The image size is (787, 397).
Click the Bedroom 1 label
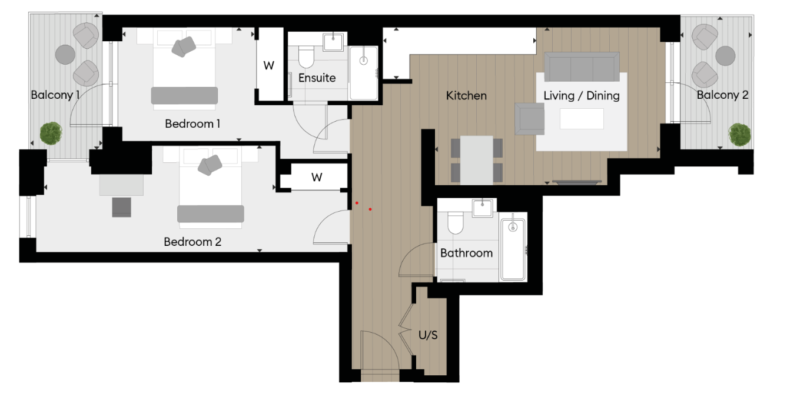coord(192,124)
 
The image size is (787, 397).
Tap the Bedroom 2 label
coord(192,242)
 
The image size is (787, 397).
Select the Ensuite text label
coord(317,78)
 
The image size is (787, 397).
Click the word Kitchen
coord(466,95)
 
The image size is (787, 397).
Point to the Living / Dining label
coord(581,95)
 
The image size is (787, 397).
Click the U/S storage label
coord(428,335)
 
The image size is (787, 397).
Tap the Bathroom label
coord(466,253)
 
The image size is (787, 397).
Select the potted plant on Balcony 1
coord(51,133)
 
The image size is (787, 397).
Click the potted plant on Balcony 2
coord(739,134)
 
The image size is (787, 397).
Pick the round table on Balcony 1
coord(65,55)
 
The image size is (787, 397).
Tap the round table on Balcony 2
coord(726,56)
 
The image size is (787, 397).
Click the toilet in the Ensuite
coord(307,57)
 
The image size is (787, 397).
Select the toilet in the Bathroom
coord(456,223)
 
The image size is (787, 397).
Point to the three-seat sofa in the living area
coord(581,66)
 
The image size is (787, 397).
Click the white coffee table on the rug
coord(582,119)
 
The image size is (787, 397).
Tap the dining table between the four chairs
coord(477,159)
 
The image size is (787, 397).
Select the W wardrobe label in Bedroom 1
coord(269,66)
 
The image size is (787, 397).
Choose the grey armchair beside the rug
coord(529,118)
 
